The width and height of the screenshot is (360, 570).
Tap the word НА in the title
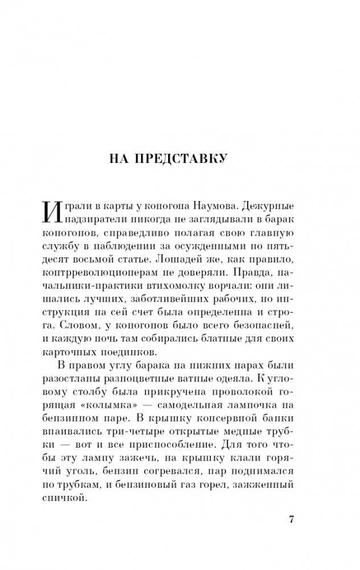pos(120,159)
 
